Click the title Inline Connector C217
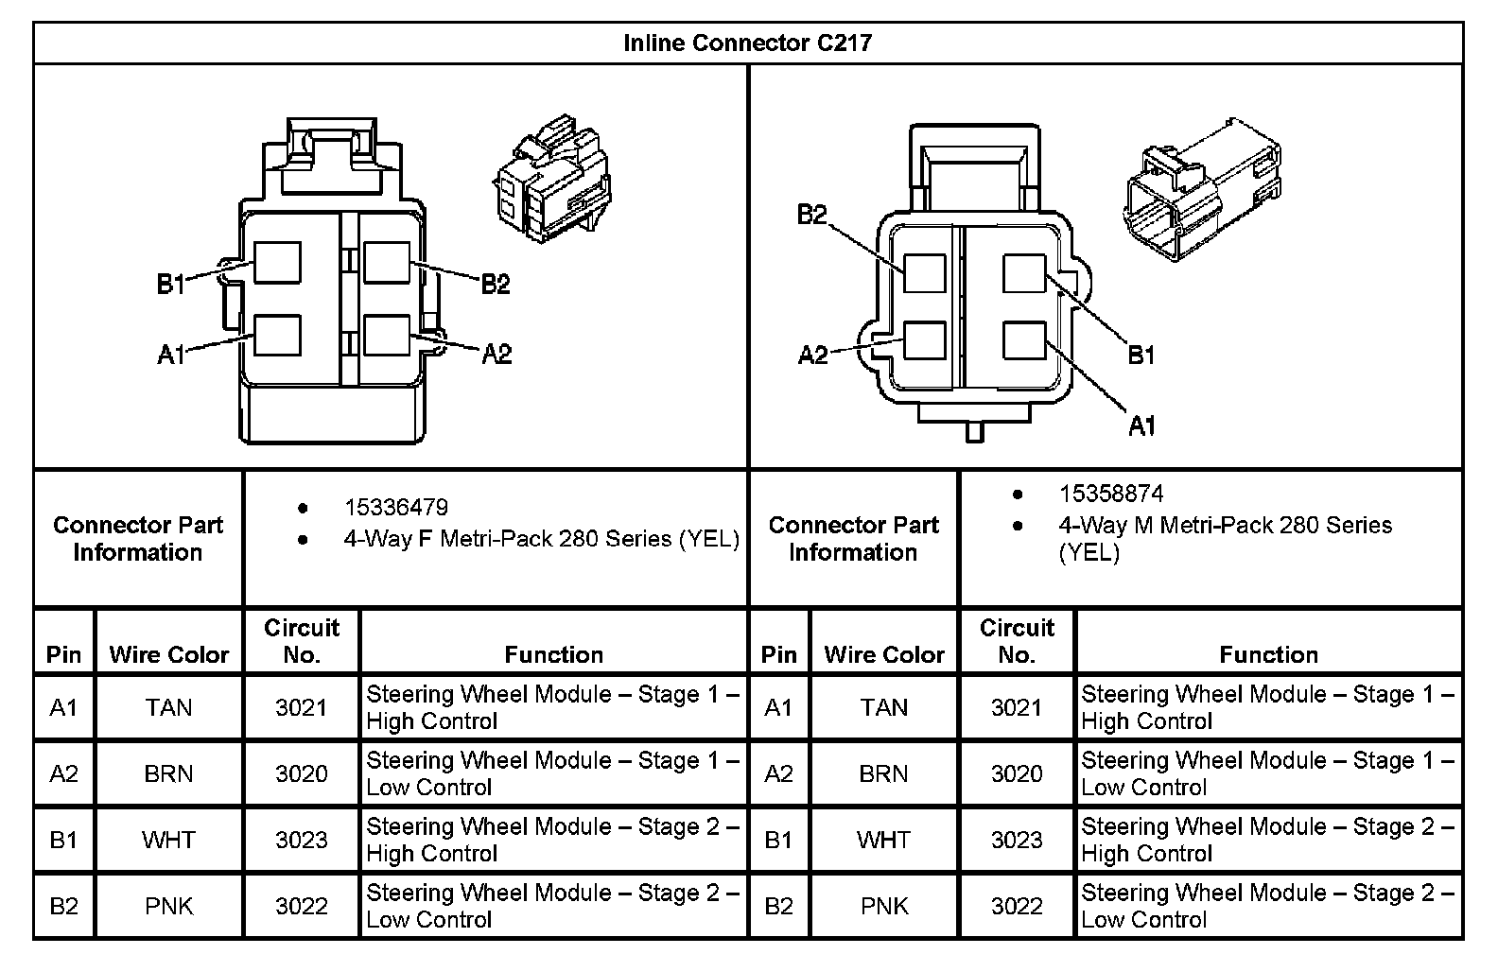click(747, 43)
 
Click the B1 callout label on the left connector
click(171, 284)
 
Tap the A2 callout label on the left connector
click(496, 355)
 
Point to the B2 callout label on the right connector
click(811, 215)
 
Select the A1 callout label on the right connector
click(1142, 426)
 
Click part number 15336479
click(395, 508)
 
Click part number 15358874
click(1110, 494)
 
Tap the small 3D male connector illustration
click(1202, 189)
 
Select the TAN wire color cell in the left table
click(169, 707)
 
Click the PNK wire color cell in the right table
click(884, 906)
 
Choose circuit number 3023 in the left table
click(301, 840)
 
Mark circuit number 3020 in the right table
click(1017, 773)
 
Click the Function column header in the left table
click(553, 654)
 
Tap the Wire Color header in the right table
click(884, 654)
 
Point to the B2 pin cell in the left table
click(63, 906)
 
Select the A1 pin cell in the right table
click(778, 707)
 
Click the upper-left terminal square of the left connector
click(277, 263)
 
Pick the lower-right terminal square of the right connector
click(1024, 340)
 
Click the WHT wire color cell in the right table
click(884, 840)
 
